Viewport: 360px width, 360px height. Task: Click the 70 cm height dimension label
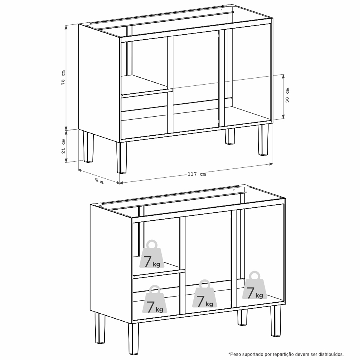tap(63, 77)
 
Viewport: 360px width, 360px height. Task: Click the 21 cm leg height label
tap(63, 146)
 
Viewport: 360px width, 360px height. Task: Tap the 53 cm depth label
tap(99, 181)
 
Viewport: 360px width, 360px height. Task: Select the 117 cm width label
tap(197, 174)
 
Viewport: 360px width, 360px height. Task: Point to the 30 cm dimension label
tap(287, 95)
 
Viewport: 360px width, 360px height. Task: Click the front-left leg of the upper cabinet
tap(121, 157)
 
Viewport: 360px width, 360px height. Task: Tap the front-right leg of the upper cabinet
tap(263, 140)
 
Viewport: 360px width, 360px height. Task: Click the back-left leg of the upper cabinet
tap(88, 147)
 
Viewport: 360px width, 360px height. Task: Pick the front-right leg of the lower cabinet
tap(276, 321)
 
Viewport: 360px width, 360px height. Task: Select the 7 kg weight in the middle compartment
tap(205, 294)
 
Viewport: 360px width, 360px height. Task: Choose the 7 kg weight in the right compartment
tap(255, 285)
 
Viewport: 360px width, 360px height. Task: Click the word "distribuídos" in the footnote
tap(333, 354)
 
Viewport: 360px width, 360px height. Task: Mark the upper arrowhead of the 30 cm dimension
tap(284, 77)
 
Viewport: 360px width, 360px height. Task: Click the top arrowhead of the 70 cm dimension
tap(66, 27)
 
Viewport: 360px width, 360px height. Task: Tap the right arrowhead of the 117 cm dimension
tap(271, 164)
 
